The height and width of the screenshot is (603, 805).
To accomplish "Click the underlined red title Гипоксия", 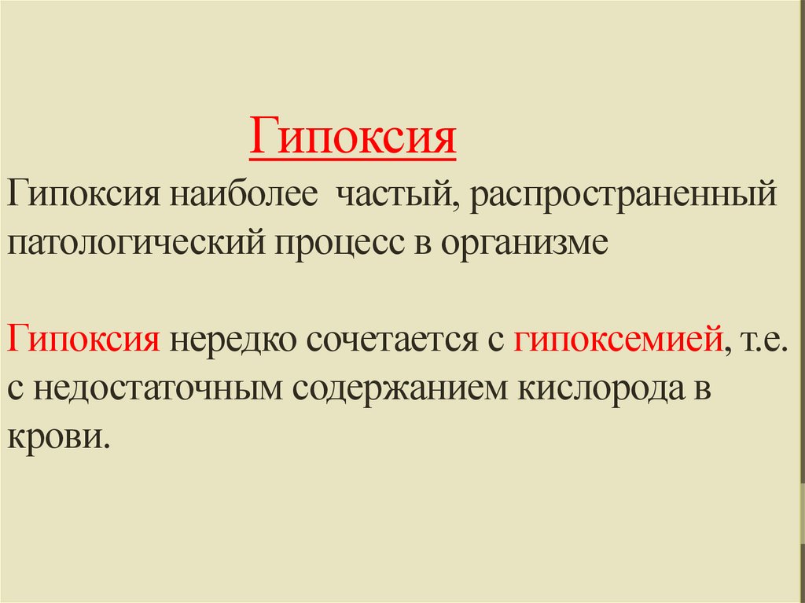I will (x=353, y=136).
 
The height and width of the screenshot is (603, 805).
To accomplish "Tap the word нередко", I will (x=233, y=341).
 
